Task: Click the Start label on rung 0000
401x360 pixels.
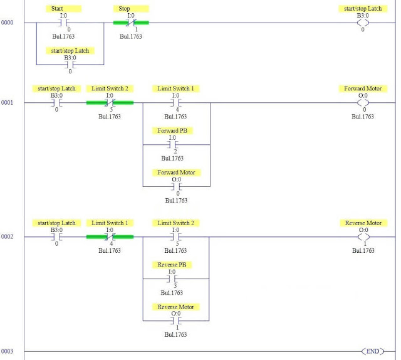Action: coord(66,9)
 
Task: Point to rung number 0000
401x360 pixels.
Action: coord(7,23)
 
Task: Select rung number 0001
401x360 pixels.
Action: coord(7,102)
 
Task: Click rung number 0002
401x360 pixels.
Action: coord(7,237)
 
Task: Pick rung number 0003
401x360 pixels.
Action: coord(7,351)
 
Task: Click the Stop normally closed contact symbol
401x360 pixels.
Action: coord(131,23)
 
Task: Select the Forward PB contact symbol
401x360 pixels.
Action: coord(176,144)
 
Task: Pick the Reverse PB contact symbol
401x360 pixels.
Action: coord(176,279)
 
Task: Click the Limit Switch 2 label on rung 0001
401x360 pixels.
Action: coord(110,89)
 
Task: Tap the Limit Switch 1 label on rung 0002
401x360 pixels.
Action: coord(110,223)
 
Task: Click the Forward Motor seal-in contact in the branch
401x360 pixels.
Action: coord(176,186)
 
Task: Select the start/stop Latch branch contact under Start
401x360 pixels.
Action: coord(70,64)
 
